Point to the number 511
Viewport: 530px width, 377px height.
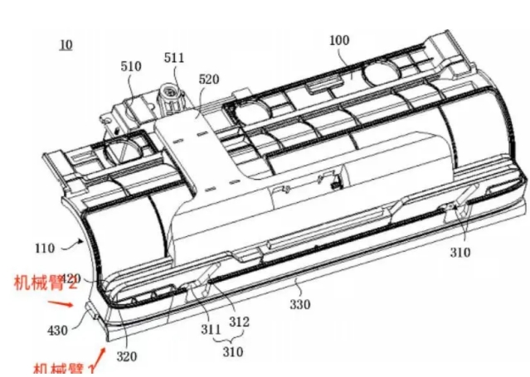coord(174,58)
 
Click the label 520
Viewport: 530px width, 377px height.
coord(209,80)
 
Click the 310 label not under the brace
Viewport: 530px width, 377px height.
coord(462,252)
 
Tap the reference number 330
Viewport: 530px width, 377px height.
coord(300,305)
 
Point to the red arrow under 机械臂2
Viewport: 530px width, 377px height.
coord(74,304)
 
